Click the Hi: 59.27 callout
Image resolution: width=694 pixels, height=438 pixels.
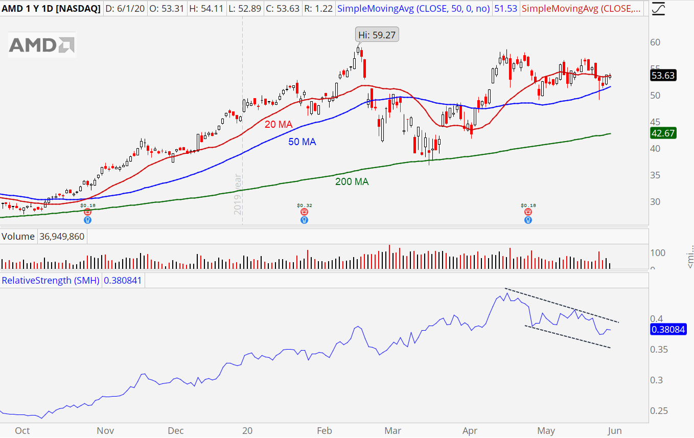click(x=377, y=35)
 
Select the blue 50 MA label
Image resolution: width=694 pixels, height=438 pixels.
click(x=302, y=142)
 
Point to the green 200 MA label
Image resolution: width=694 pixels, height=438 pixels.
click(x=352, y=181)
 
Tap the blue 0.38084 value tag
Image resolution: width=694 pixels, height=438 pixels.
click(x=667, y=330)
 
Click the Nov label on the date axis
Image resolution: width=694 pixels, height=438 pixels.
click(x=105, y=431)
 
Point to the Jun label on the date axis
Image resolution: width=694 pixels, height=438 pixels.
click(x=614, y=431)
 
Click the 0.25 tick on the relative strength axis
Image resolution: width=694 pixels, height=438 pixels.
click(x=659, y=411)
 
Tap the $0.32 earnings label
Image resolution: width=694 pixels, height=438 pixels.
click(x=305, y=205)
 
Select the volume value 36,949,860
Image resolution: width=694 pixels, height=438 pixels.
click(x=62, y=237)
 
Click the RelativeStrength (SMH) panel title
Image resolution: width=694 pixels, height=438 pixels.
click(x=51, y=281)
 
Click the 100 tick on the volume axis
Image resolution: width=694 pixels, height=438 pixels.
click(x=658, y=253)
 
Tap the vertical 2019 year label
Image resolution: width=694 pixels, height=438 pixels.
click(x=238, y=194)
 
